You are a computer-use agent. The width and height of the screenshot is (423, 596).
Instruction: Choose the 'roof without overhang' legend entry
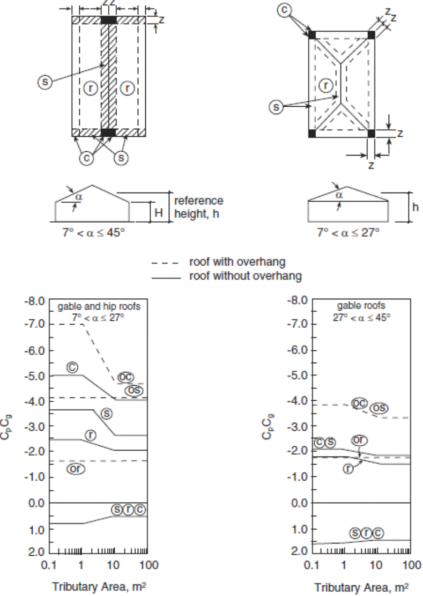pyautogui.click(x=245, y=276)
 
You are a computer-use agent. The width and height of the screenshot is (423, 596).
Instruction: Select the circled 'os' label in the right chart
pyautogui.click(x=379, y=408)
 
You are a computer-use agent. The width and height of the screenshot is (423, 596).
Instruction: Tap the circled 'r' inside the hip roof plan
pyautogui.click(x=325, y=85)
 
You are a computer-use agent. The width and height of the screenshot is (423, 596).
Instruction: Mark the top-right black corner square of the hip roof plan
pyautogui.click(x=371, y=35)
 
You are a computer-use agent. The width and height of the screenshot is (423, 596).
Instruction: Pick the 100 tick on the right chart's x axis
pyautogui.click(x=411, y=564)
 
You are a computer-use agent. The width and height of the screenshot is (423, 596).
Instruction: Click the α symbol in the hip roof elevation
pyautogui.click(x=338, y=196)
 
